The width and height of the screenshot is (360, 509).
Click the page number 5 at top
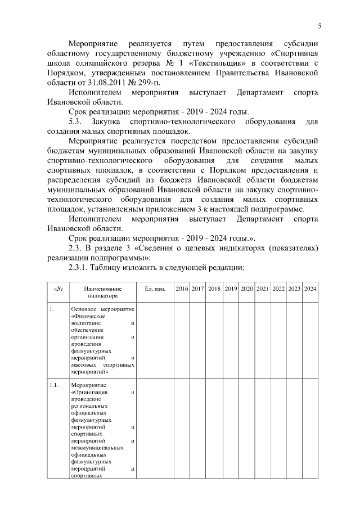tap(319, 26)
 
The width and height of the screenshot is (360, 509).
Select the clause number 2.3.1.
tap(78, 267)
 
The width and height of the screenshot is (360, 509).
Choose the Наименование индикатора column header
tap(102, 292)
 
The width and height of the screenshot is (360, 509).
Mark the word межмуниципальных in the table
tap(97, 448)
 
